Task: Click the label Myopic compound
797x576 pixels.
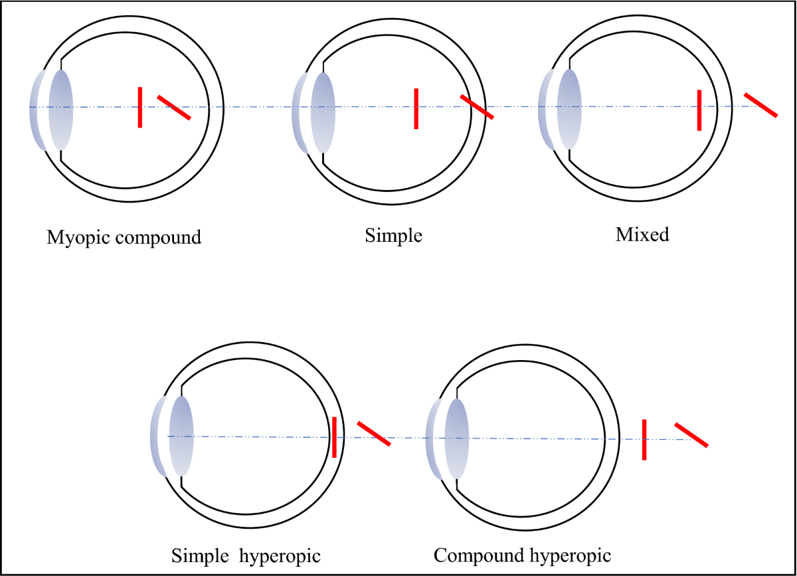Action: click(x=124, y=237)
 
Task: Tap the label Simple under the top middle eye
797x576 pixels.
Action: click(x=394, y=236)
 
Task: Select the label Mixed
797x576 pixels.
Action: click(x=642, y=235)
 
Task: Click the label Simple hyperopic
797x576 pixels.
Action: click(x=247, y=555)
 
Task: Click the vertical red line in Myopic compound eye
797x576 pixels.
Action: click(x=139, y=106)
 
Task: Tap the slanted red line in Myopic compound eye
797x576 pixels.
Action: click(x=174, y=108)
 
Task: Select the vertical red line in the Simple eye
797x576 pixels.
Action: click(x=416, y=108)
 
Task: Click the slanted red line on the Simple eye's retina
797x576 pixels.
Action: click(x=477, y=108)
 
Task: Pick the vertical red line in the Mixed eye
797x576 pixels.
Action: click(x=699, y=110)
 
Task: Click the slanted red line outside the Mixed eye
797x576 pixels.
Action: click(x=760, y=106)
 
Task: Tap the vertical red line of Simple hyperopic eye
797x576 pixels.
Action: click(x=334, y=436)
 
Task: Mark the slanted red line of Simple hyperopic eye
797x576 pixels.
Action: click(x=373, y=433)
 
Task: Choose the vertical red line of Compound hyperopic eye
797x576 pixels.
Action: click(x=644, y=439)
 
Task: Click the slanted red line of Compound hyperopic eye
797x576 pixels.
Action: click(x=691, y=434)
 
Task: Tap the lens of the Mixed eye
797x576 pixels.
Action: click(x=569, y=109)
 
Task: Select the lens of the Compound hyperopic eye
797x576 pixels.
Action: click(x=457, y=438)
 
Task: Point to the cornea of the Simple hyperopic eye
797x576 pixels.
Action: click(x=158, y=436)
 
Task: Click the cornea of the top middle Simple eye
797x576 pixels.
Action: click(x=300, y=113)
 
